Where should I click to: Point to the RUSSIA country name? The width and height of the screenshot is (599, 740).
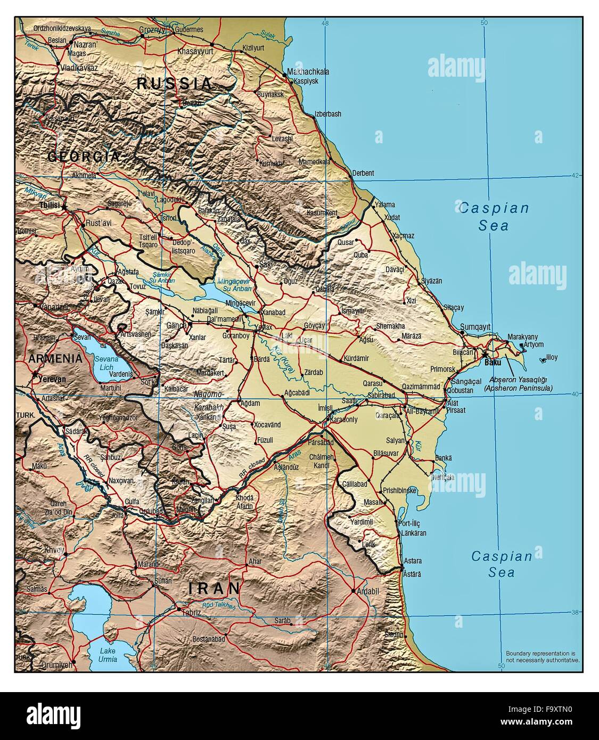tap(174, 83)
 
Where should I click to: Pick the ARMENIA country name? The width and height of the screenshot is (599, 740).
tap(56, 358)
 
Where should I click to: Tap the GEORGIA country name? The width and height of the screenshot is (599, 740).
tap(84, 157)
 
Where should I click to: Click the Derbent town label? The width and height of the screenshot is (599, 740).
tap(363, 173)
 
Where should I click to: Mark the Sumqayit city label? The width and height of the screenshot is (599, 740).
tap(475, 326)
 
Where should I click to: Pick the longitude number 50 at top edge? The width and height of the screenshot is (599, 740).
tap(483, 23)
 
